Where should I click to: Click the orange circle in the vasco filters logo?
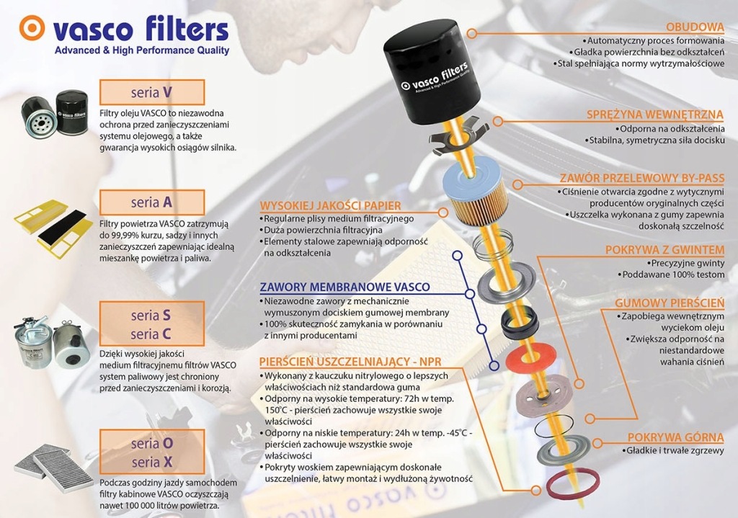pos(32,28)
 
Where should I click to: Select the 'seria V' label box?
pos(152,92)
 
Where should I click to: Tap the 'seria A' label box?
pos(152,202)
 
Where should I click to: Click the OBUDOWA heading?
pos(695,27)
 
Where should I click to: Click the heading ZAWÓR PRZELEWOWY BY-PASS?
pos(642,179)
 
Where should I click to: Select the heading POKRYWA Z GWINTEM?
pos(664,250)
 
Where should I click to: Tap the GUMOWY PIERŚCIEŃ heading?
pos(670,303)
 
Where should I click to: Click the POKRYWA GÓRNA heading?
pos(675,437)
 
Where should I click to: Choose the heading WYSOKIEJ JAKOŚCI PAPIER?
pos(330,205)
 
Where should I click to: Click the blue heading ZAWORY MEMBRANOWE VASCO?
pos(345,287)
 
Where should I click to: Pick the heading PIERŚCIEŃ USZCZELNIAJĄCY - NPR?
pos(351,362)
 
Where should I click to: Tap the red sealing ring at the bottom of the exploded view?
pos(573,483)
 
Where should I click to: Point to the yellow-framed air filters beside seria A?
pos(52,229)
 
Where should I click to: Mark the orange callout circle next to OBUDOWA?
pos(472,33)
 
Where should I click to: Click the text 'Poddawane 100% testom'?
pos(673,274)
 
